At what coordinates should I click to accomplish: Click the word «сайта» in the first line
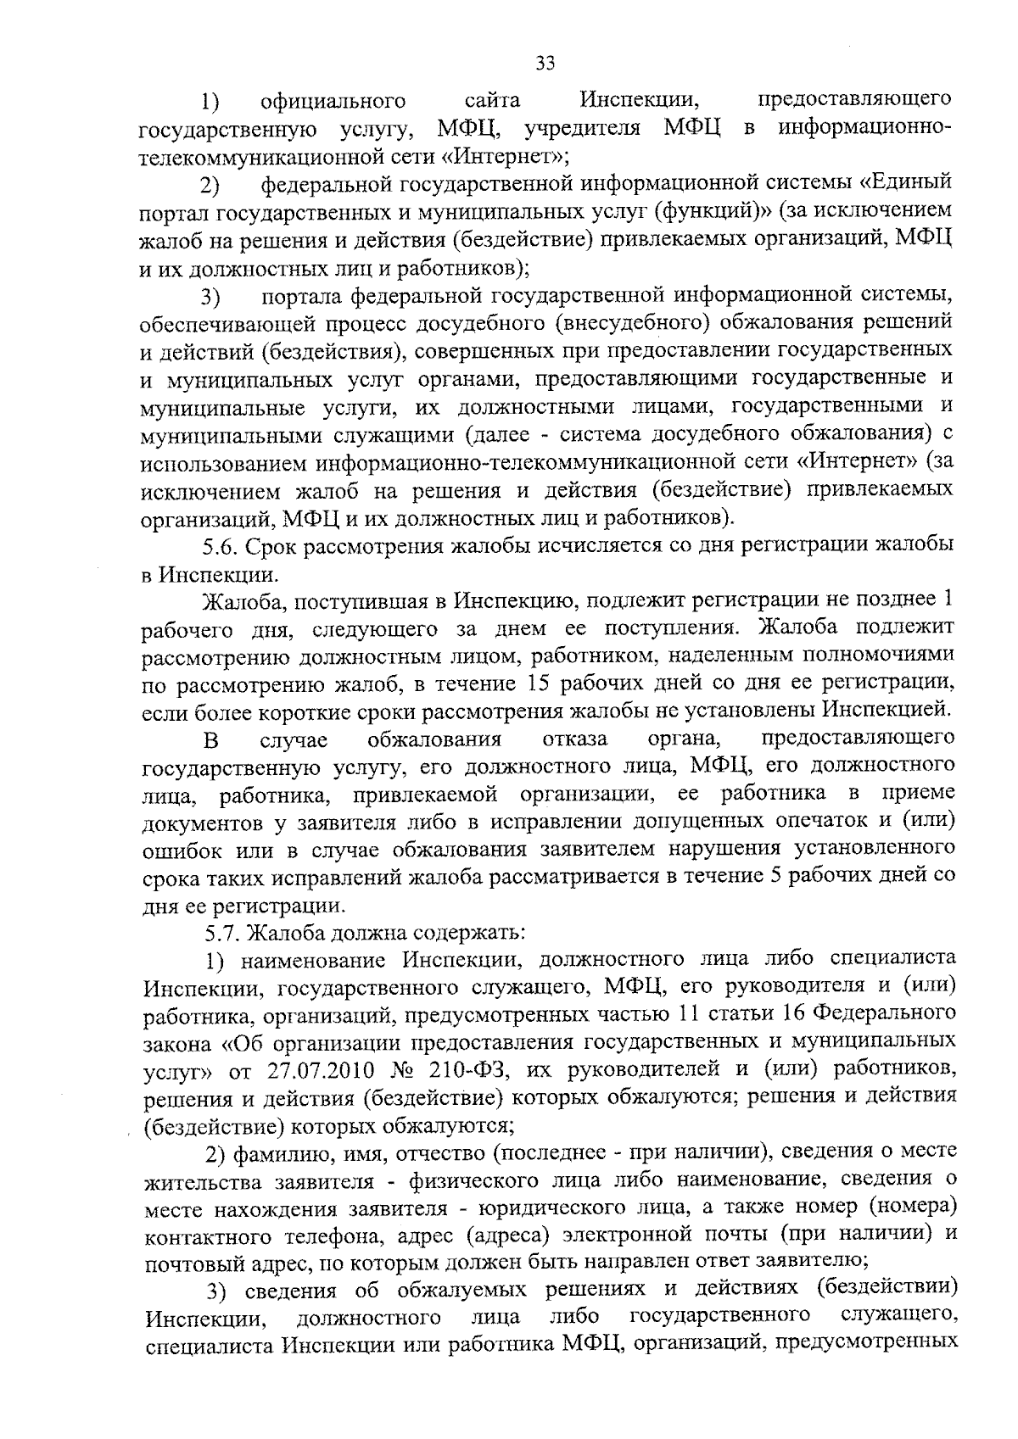[492, 103]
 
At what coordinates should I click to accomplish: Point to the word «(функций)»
[700, 210]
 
